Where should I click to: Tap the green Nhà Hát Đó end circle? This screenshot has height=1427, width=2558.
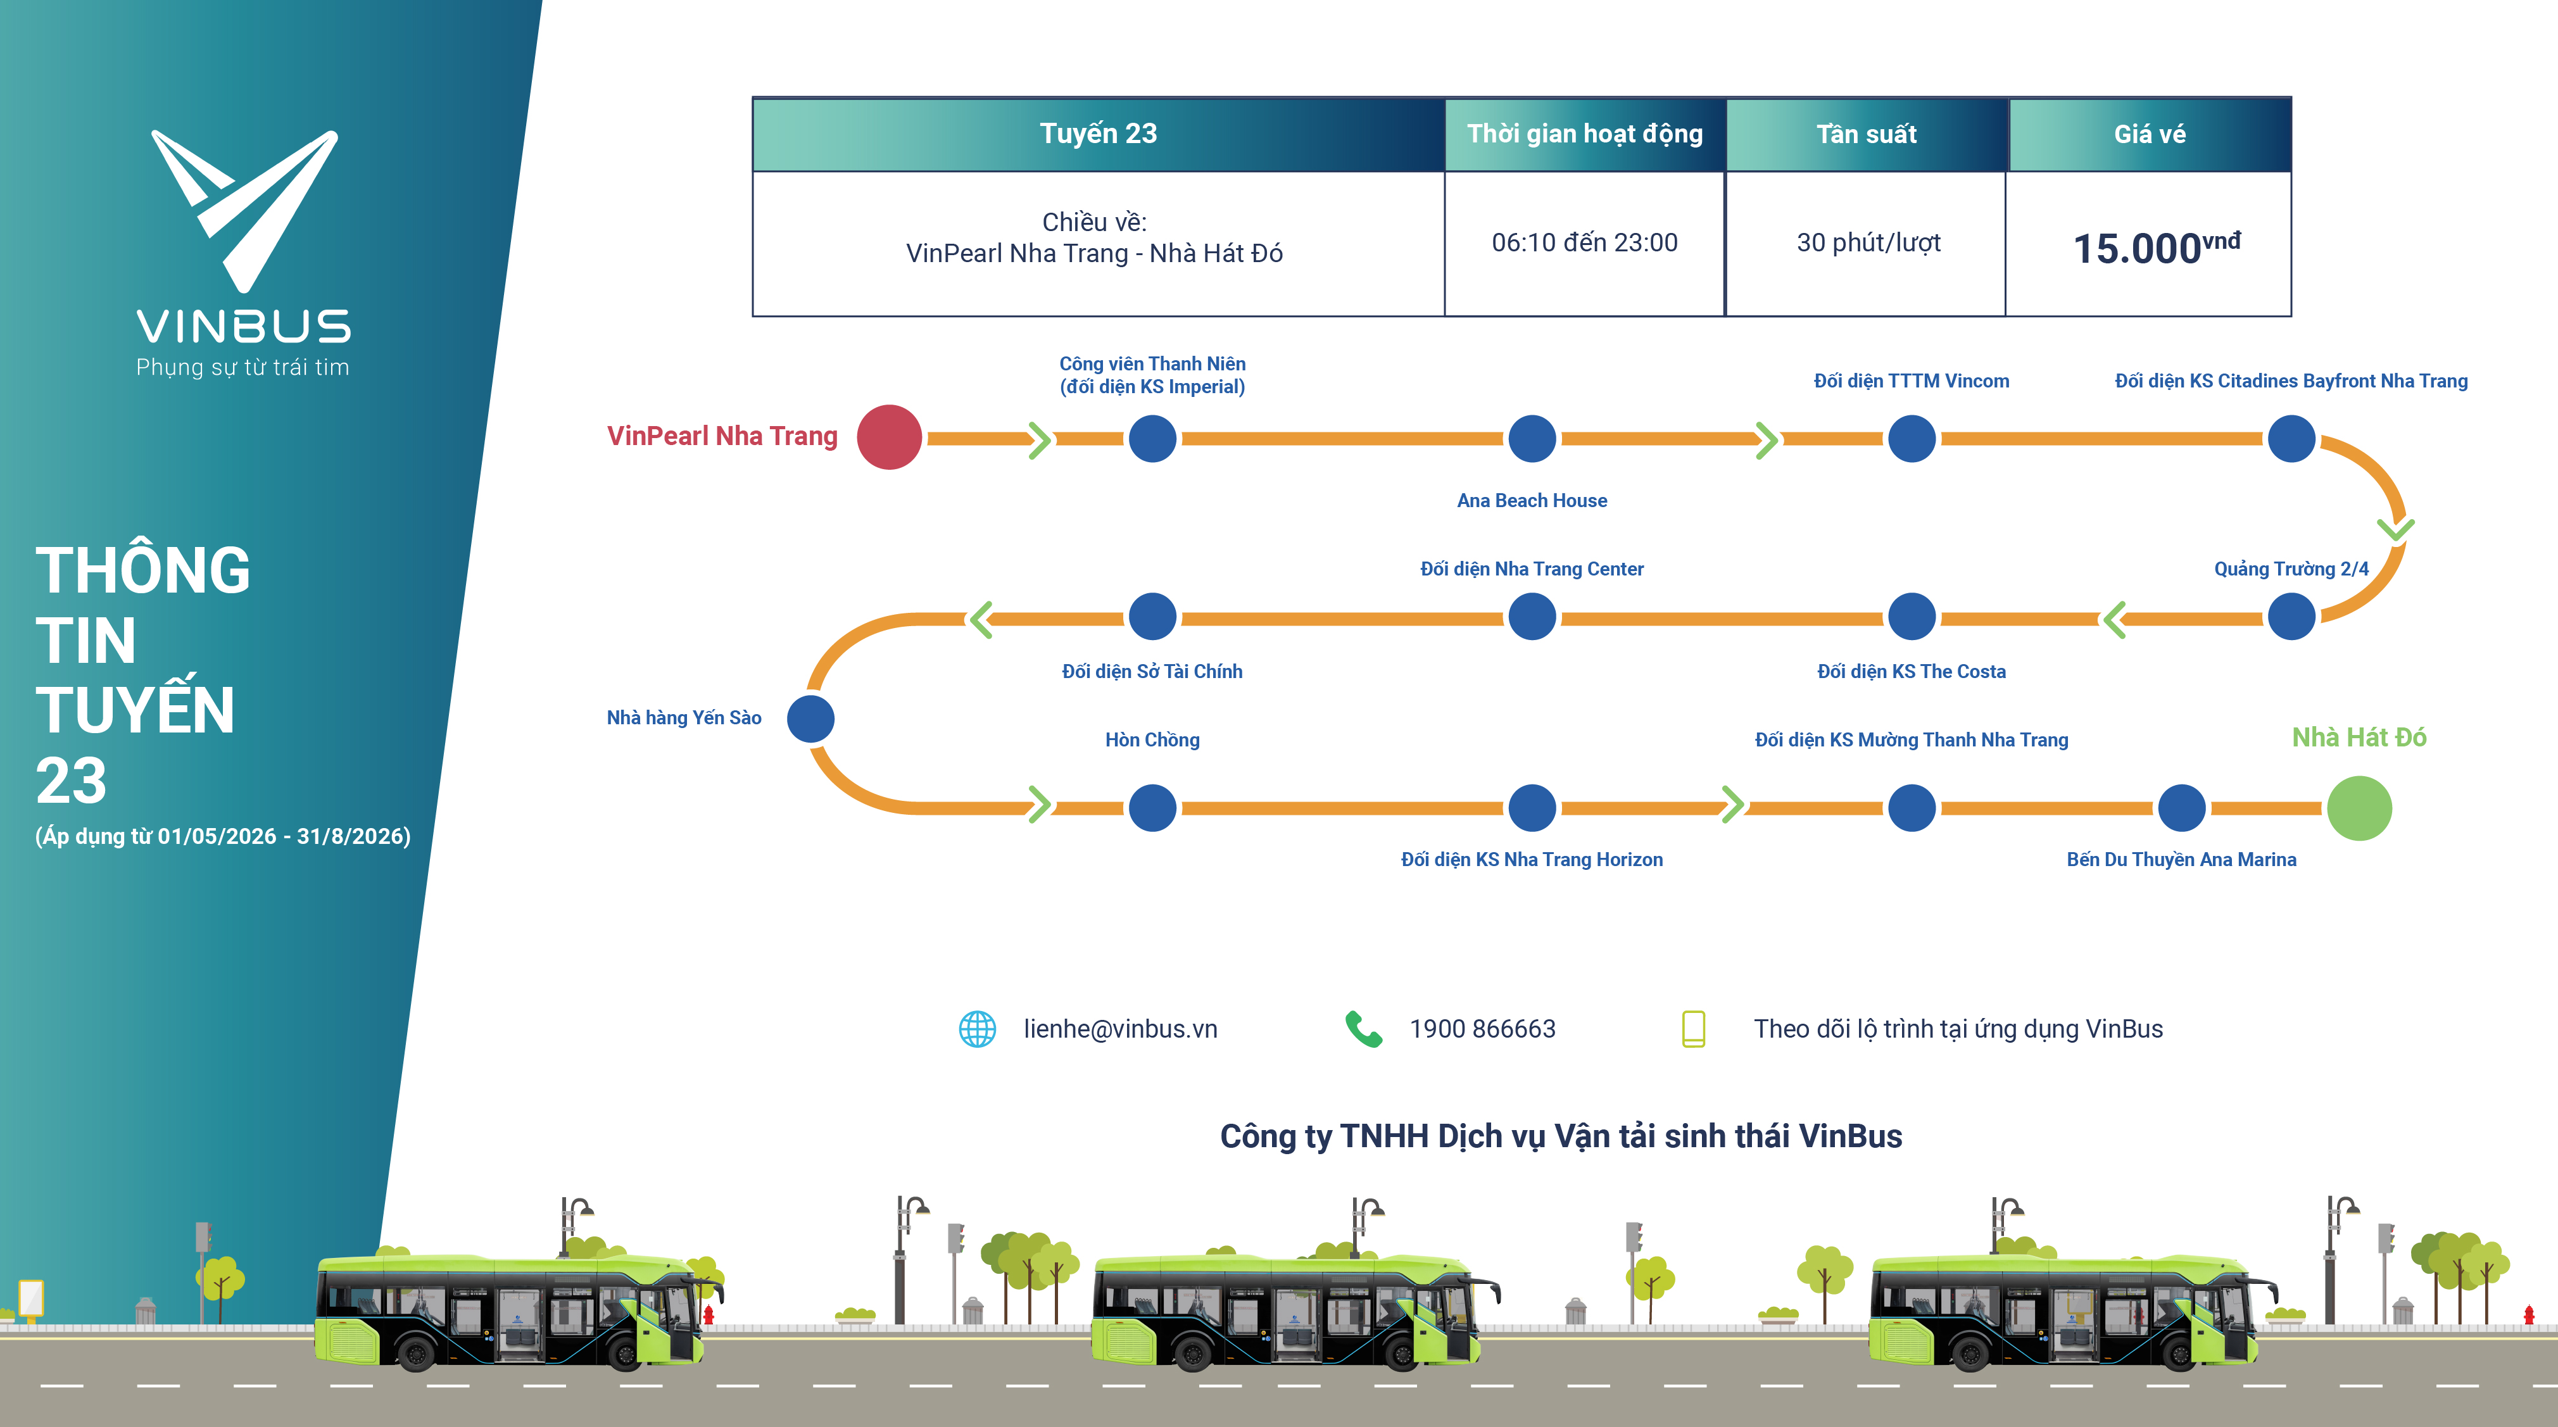click(2359, 808)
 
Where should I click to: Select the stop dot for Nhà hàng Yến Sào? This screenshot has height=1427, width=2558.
click(810, 719)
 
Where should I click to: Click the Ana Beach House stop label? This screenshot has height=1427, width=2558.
click(1531, 501)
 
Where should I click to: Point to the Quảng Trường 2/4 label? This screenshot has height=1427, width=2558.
click(2290, 569)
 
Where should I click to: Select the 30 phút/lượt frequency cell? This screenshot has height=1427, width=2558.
click(1868, 243)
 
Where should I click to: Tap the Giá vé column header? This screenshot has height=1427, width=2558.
click(2149, 134)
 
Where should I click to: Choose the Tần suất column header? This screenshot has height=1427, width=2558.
click(1866, 134)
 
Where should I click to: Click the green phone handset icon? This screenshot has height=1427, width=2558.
click(1363, 1029)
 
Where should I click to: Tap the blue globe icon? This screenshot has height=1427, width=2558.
click(977, 1029)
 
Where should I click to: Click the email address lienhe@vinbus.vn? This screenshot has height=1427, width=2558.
click(1120, 1029)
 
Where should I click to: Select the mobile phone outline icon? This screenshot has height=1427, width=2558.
click(1693, 1029)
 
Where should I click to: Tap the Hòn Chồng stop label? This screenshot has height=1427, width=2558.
click(1152, 740)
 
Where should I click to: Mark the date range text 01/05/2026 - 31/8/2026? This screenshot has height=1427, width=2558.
click(284, 836)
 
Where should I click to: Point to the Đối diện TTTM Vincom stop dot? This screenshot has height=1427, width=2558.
click(1910, 439)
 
